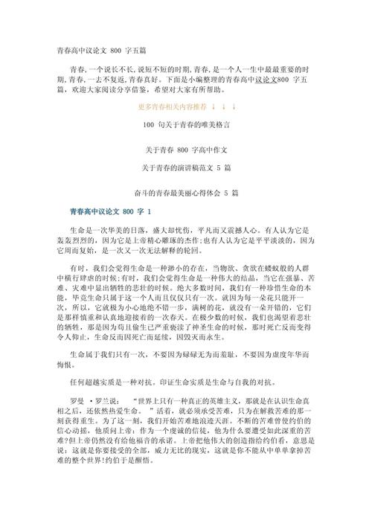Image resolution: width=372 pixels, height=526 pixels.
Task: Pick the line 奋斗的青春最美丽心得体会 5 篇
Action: (x=186, y=193)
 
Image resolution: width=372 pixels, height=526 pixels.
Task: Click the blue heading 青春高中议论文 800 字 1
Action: (x=110, y=212)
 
